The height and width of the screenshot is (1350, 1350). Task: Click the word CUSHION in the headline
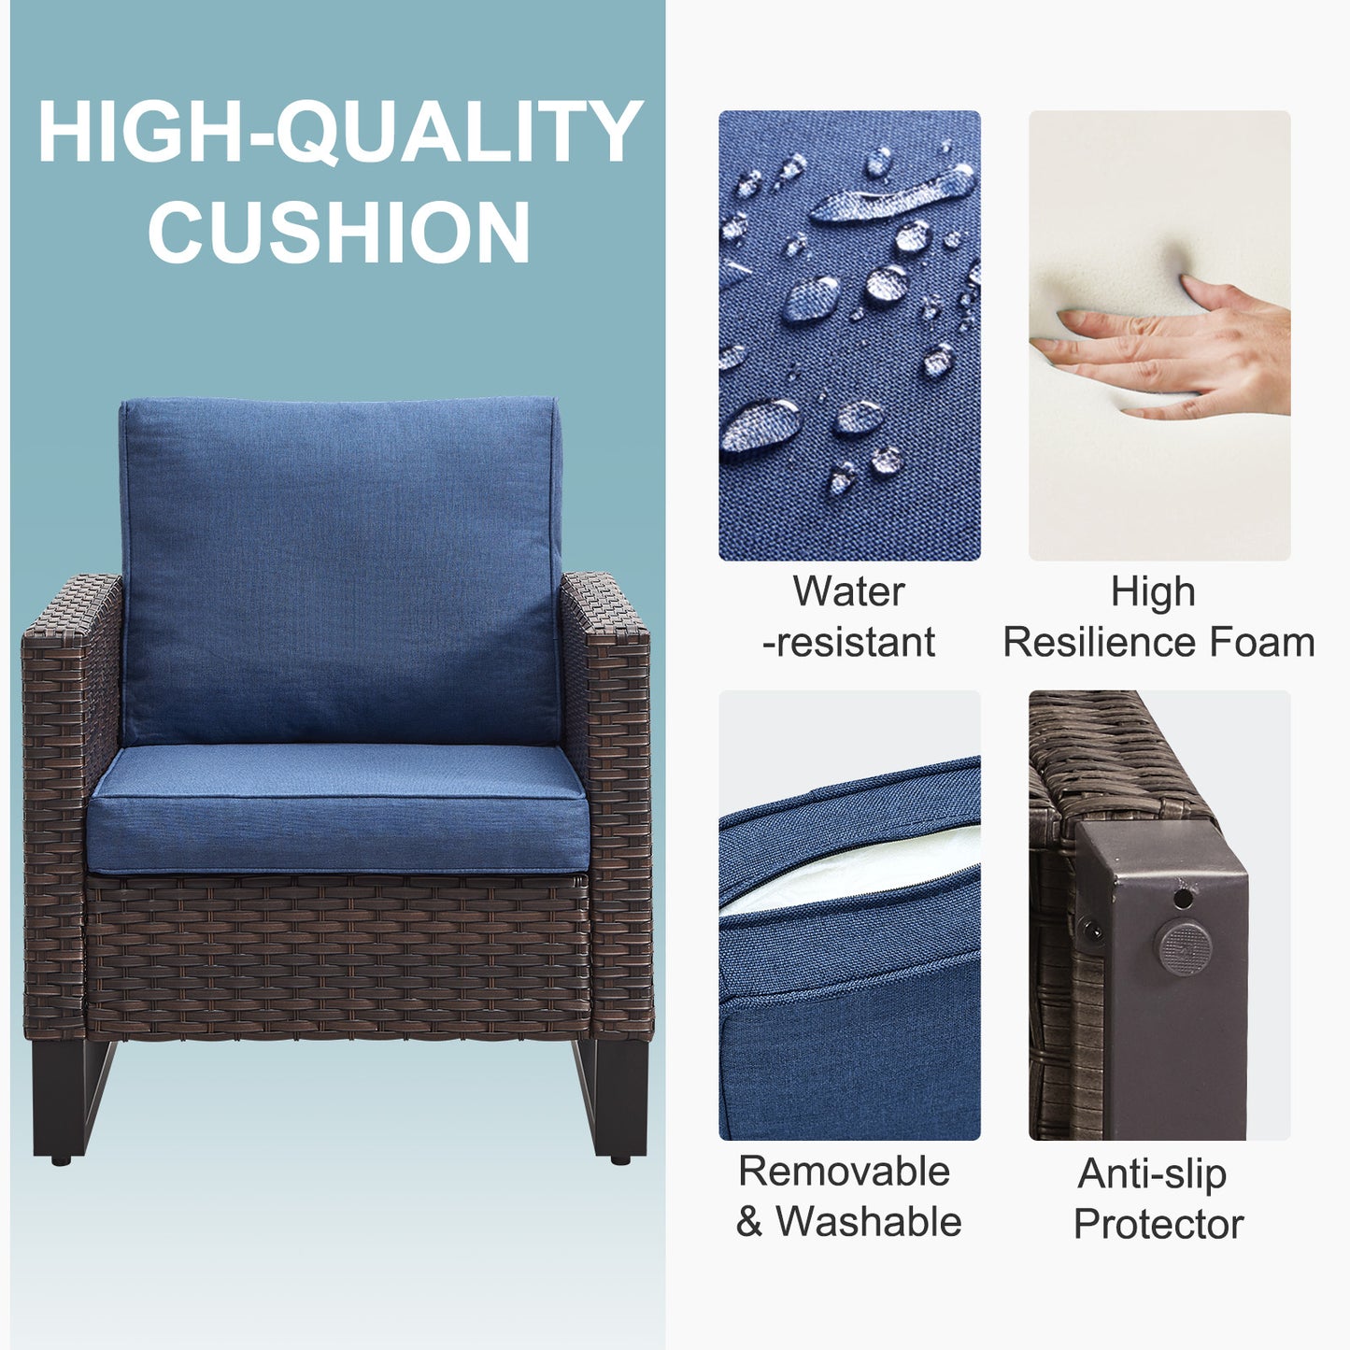point(339,232)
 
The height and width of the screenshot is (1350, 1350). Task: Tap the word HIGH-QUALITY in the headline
point(340,132)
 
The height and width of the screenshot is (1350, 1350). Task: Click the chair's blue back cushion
point(340,571)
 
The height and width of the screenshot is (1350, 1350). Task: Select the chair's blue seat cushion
point(337,808)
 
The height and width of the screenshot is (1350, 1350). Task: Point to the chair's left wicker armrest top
point(72,601)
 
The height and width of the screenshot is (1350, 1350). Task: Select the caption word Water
point(848,591)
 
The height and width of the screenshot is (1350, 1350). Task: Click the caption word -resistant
point(848,643)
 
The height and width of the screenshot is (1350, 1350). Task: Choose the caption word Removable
point(845,1171)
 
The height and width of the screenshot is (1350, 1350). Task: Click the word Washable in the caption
point(869,1222)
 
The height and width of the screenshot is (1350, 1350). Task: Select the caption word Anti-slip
point(1153,1174)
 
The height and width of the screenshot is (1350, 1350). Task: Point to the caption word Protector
point(1158,1224)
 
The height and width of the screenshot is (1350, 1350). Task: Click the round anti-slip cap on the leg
point(1184,948)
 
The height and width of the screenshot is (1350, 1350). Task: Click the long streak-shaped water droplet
point(892,193)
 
